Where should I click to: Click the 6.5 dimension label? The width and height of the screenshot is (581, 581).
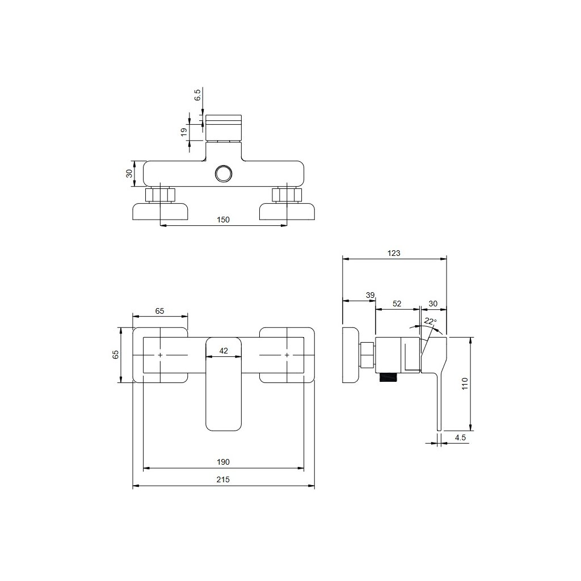pyautogui.click(x=198, y=95)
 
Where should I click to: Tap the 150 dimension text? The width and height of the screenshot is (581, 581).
pyautogui.click(x=223, y=220)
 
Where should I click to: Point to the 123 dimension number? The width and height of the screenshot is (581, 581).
pyautogui.click(x=394, y=253)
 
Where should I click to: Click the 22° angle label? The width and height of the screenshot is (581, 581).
pyautogui.click(x=430, y=321)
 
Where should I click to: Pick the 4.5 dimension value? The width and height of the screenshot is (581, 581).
pyautogui.click(x=460, y=437)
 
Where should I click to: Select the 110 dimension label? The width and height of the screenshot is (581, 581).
pyautogui.click(x=465, y=384)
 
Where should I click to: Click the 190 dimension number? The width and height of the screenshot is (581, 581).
pyautogui.click(x=223, y=462)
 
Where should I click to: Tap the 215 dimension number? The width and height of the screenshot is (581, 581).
pyautogui.click(x=223, y=479)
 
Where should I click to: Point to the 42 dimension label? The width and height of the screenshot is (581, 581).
pyautogui.click(x=224, y=351)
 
